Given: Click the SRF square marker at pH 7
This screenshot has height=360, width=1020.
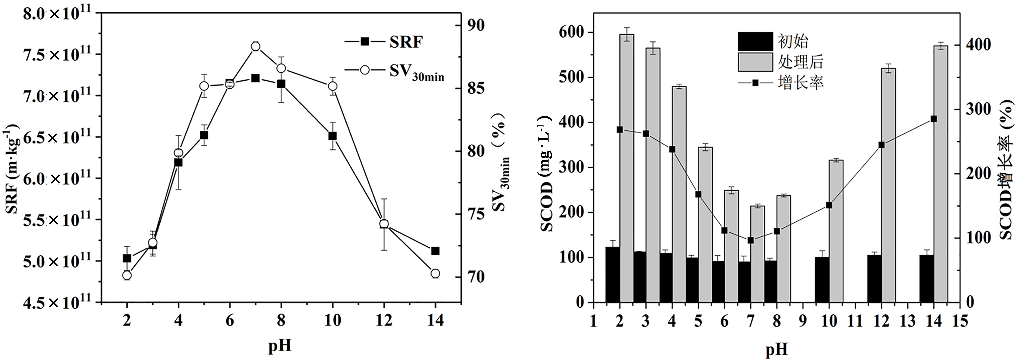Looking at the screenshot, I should (x=255, y=78).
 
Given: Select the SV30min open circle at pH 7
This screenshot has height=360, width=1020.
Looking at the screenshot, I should (x=255, y=46).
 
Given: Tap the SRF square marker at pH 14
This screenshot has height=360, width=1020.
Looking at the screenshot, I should (x=436, y=251).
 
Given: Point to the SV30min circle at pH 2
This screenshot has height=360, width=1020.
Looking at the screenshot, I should (x=127, y=275).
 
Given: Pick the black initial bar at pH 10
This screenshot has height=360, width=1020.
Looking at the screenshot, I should (x=822, y=280).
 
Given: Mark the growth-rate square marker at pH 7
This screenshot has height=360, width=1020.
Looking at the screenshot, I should (x=750, y=240).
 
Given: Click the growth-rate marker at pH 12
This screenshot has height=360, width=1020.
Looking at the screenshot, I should (x=881, y=145).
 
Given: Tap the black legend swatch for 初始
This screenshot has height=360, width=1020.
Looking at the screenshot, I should (x=755, y=42).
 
